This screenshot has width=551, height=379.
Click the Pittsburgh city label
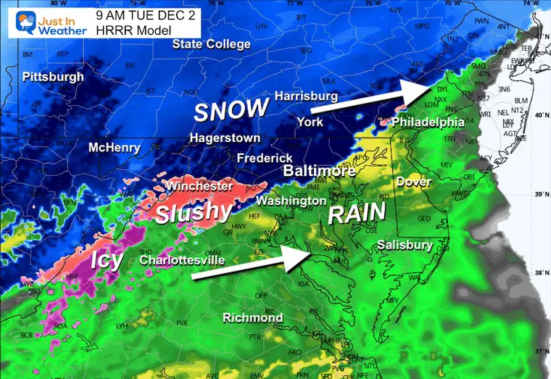point(53,77)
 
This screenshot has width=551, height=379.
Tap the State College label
point(211,45)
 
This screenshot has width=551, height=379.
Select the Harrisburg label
point(306,96)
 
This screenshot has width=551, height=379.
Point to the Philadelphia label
point(428,122)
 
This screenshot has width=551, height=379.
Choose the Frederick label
point(266,157)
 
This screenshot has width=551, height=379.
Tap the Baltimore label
point(319,172)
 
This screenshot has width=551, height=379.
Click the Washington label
point(291,200)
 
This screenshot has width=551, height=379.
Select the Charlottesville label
point(182,259)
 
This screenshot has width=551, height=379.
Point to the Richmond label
point(252,317)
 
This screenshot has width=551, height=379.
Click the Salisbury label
point(405,246)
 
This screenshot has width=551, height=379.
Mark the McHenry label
point(114,147)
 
